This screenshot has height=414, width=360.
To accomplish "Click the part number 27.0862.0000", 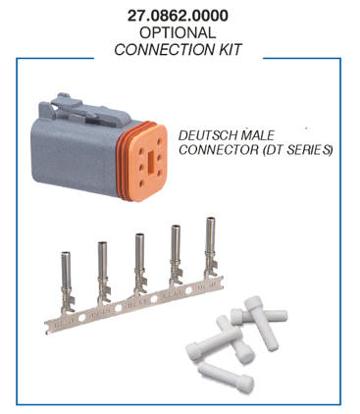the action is [x=178, y=16].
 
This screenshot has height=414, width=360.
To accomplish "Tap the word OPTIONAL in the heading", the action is [x=178, y=32].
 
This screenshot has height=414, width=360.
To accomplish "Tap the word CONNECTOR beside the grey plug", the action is [x=219, y=150].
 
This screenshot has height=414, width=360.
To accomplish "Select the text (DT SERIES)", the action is [x=297, y=150].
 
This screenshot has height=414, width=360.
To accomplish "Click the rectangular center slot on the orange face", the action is [x=151, y=161].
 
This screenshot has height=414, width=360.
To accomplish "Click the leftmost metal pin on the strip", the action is [x=67, y=282].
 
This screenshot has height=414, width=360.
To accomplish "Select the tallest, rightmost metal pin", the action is [x=211, y=247].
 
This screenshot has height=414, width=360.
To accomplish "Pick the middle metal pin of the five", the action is [x=140, y=264].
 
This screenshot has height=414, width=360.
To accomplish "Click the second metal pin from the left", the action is [x=103, y=273].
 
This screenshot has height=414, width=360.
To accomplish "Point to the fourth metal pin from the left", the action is [x=176, y=256].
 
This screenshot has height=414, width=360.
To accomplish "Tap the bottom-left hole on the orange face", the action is [x=142, y=183].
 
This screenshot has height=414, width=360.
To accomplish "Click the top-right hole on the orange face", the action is [x=159, y=142].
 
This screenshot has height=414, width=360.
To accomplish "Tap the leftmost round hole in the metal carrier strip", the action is [x=81, y=317].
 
